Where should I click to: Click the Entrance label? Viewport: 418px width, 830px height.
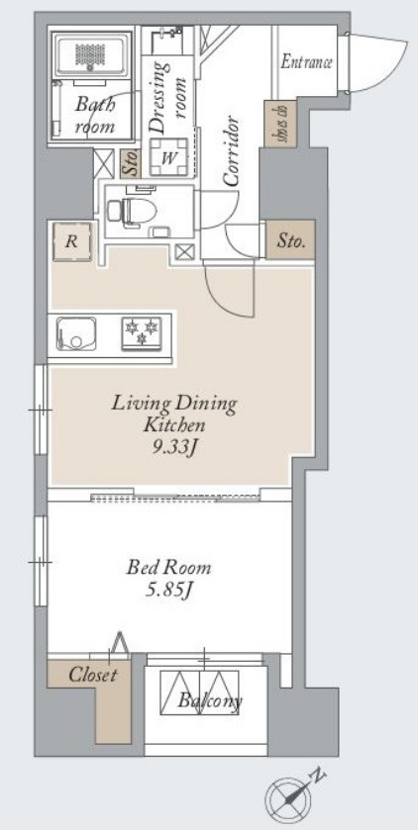306,62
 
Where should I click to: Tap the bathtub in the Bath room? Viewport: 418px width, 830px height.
94,54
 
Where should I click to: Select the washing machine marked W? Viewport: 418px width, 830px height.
169,157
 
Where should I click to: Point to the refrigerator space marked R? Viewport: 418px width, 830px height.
72,242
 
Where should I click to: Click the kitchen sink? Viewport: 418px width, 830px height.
76,333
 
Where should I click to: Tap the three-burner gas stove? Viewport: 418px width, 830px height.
141,333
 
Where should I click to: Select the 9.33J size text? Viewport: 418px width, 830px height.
173,449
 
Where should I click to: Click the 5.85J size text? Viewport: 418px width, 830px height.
168,591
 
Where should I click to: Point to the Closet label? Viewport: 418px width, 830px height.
92,675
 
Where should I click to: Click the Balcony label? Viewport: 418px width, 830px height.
210,701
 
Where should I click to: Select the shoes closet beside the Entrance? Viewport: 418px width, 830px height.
280,123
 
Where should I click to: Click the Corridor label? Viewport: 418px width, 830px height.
231,151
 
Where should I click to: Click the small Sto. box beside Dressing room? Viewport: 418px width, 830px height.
130,164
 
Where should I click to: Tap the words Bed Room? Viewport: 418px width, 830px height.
168,568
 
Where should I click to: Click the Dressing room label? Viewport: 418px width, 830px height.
168,97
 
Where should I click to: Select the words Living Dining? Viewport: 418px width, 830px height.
173,405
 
